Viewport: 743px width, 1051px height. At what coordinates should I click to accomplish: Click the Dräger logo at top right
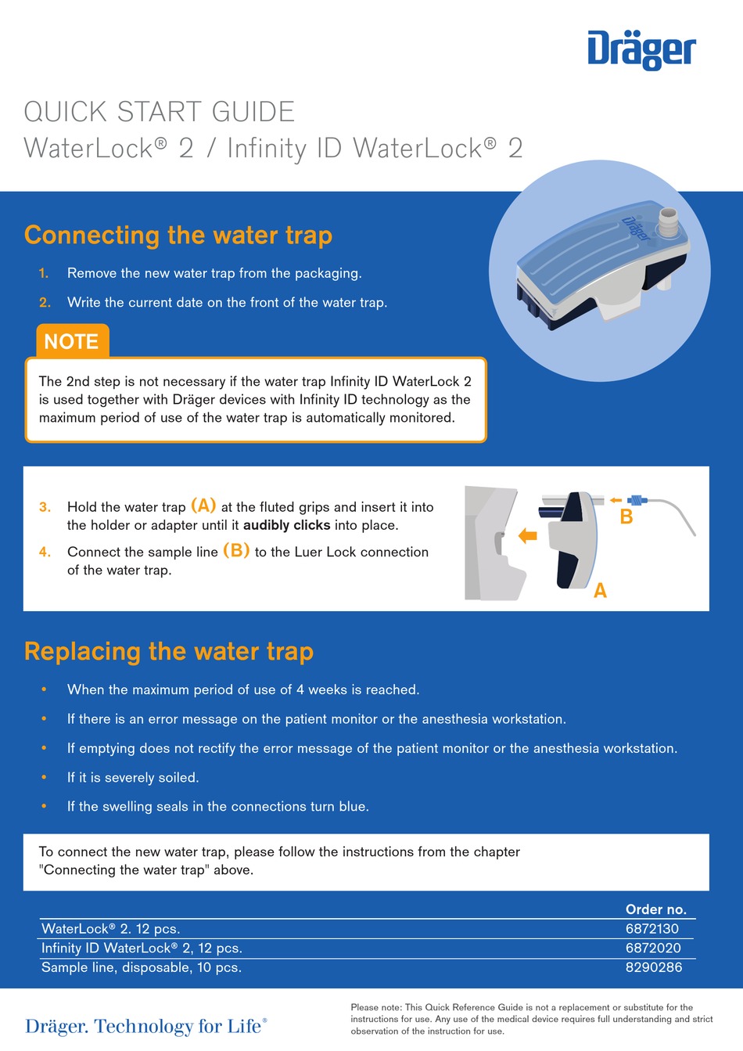(641, 50)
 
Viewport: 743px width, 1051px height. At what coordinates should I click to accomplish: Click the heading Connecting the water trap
(178, 236)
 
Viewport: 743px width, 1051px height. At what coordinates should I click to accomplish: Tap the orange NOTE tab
(71, 342)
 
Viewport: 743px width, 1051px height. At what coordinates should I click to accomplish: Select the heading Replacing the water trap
(169, 652)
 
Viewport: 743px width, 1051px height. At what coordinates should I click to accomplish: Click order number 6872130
(651, 929)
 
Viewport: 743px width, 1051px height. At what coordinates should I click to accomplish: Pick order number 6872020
(652, 948)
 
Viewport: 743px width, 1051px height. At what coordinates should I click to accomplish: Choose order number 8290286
(653, 967)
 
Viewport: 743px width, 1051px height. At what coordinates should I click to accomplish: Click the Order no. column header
(655, 909)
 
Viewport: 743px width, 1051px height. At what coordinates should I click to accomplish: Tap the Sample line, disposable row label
(142, 967)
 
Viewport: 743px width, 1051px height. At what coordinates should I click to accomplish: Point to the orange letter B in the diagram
(626, 517)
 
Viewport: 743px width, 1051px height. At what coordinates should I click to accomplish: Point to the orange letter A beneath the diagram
(600, 591)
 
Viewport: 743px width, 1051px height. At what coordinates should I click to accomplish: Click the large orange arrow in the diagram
(529, 536)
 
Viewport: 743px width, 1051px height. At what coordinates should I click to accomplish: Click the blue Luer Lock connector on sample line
(638, 499)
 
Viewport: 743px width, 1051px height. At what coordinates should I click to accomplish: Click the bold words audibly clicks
(286, 525)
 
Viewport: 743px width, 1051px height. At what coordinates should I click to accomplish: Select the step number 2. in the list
(45, 302)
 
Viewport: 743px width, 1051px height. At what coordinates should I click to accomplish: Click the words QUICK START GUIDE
(159, 112)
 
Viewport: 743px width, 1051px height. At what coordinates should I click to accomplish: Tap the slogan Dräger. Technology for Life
(146, 1026)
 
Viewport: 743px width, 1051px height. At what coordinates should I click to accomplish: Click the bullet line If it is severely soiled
(133, 777)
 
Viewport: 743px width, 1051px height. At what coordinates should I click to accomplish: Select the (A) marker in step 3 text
(203, 506)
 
